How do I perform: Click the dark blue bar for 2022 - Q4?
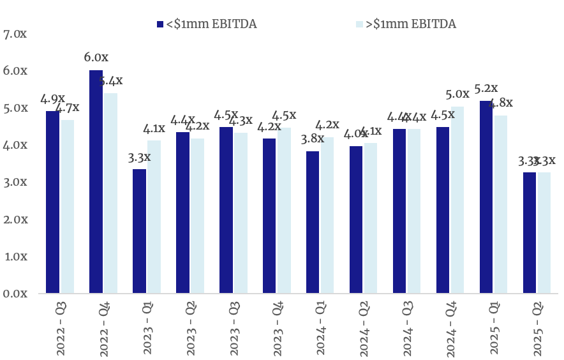[96, 182]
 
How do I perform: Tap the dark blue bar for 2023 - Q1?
[139, 232]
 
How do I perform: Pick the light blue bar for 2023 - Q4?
[284, 211]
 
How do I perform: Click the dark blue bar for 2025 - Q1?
[486, 197]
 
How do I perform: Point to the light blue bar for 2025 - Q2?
[544, 233]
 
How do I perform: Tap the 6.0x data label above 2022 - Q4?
[96, 58]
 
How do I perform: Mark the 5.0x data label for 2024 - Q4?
[457, 94]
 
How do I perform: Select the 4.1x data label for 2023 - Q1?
[153, 128]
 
